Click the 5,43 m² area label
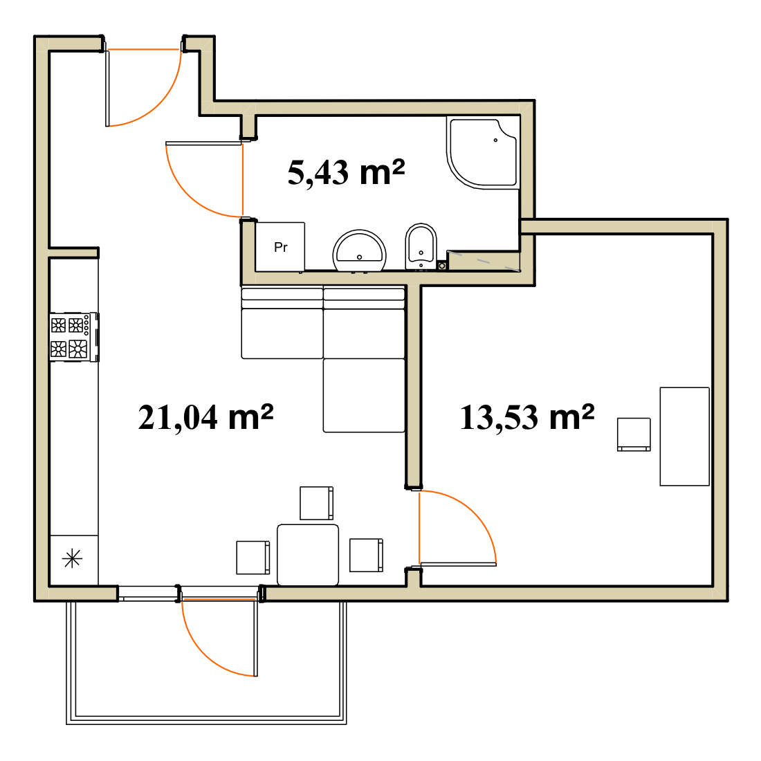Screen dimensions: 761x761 (x=346, y=173)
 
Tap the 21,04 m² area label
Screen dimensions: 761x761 (x=205, y=417)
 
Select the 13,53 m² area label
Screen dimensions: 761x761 (x=527, y=417)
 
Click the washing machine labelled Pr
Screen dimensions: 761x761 (x=280, y=246)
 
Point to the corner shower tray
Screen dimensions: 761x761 (x=482, y=153)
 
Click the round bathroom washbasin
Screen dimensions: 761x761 (x=359, y=251)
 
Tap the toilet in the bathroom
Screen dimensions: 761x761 (x=421, y=246)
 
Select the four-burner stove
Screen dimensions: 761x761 (x=74, y=337)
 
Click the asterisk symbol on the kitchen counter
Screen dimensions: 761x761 (x=73, y=558)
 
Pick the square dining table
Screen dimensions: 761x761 (x=308, y=555)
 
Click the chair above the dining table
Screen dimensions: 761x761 (x=316, y=503)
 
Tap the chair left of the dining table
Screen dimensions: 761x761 (x=253, y=558)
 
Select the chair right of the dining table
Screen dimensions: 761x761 (x=367, y=555)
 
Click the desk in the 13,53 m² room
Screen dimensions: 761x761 (x=684, y=437)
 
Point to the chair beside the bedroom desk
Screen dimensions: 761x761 (x=634, y=434)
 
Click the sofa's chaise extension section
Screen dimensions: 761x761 (x=364, y=395)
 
